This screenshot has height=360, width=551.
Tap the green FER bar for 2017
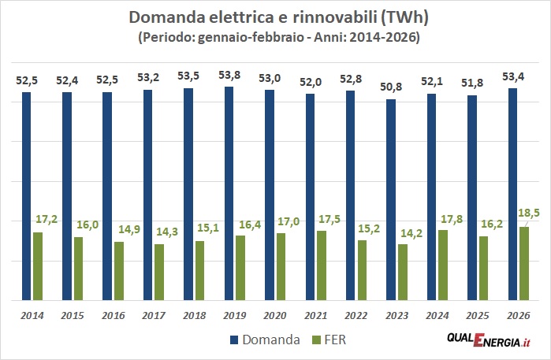159,272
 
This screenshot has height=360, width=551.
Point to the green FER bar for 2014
38,266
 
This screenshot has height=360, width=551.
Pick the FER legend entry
331,340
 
